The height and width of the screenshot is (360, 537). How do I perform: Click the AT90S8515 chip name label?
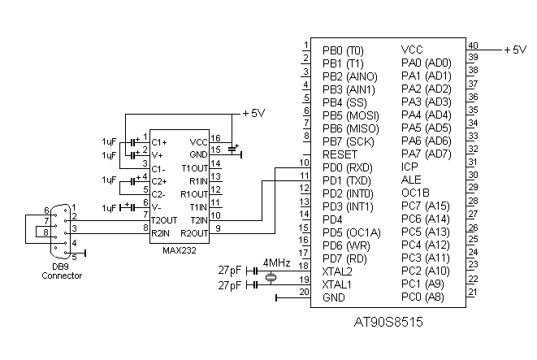(x=388, y=322)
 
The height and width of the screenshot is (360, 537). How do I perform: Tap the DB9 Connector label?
(x=62, y=271)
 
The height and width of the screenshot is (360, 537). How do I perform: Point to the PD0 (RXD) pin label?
(x=348, y=167)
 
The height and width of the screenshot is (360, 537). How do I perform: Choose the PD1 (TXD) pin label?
(x=347, y=180)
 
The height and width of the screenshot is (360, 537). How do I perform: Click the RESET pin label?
(x=340, y=154)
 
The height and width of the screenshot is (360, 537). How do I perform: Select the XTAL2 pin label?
(x=337, y=271)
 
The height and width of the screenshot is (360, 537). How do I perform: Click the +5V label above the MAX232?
(x=253, y=114)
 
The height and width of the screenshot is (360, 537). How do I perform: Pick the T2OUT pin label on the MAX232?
(x=165, y=220)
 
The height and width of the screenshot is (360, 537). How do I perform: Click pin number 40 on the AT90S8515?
(x=472, y=46)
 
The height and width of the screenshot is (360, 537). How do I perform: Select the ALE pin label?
(x=412, y=180)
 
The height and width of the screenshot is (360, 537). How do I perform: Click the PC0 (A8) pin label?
(x=423, y=297)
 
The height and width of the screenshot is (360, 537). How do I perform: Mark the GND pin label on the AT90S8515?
(x=335, y=297)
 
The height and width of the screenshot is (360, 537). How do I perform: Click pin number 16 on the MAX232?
(x=216, y=137)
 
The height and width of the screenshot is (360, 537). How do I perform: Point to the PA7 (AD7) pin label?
(x=426, y=154)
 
